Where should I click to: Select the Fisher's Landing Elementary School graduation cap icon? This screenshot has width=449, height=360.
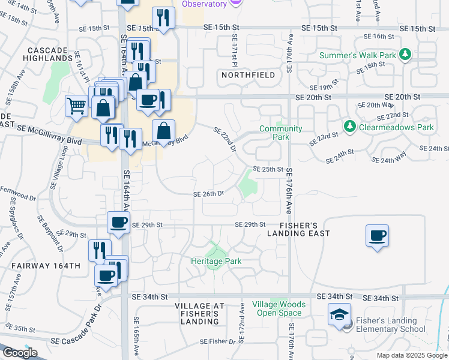(x=339, y=314)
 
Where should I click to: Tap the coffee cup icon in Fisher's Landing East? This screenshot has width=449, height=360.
(x=377, y=235)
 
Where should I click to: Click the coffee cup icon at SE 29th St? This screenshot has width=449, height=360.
(x=118, y=223)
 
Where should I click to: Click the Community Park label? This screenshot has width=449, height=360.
(x=280, y=133)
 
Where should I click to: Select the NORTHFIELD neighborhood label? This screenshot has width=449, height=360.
(x=248, y=75)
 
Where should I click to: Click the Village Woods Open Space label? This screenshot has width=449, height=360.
(x=279, y=308)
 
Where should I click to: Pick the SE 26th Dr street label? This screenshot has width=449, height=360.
(x=208, y=194)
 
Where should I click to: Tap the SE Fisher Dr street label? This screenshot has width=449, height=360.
(x=218, y=341)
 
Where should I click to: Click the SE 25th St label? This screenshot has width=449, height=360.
(x=267, y=169)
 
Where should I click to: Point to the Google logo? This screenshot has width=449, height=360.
(x=20, y=353)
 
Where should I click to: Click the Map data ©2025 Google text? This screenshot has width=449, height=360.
(x=411, y=355)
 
